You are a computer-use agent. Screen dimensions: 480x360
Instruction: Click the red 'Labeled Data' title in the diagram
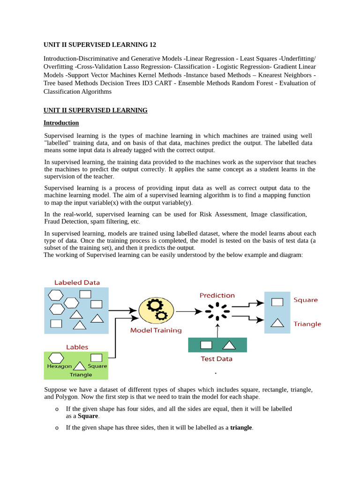(77, 282)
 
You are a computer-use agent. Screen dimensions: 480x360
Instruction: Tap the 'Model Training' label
(156, 330)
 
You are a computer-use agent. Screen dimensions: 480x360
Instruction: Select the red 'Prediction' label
(217, 295)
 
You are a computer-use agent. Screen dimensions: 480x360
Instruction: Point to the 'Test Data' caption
(217, 359)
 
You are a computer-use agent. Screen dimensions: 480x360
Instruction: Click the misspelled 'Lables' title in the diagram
(77, 347)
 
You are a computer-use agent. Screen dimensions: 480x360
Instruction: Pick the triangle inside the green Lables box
(80, 366)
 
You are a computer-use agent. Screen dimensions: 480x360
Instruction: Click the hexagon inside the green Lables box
(56, 358)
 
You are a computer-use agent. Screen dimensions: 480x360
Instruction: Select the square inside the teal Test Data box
(206, 345)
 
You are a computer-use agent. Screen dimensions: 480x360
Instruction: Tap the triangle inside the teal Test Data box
(228, 345)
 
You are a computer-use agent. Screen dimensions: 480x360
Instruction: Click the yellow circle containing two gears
(156, 310)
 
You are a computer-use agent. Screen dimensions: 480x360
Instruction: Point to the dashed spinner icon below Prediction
(217, 311)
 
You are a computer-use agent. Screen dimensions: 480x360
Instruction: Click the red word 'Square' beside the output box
(306, 300)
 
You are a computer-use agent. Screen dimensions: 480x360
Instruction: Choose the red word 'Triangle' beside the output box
(307, 324)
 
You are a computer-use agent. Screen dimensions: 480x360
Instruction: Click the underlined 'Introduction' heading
(61, 123)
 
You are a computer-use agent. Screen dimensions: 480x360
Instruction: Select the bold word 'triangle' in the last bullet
(241, 427)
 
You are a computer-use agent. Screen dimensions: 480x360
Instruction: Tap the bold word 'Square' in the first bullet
(88, 416)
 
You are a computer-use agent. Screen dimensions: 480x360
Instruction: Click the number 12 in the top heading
(152, 45)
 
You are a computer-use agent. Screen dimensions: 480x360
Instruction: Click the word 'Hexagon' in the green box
(60, 366)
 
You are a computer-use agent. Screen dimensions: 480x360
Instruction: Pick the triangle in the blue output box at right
(277, 322)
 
